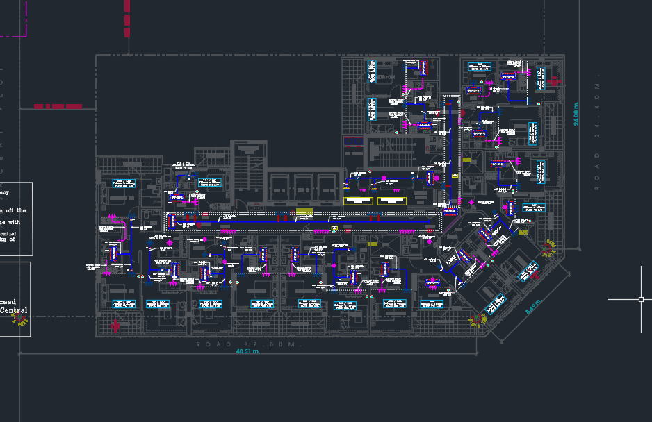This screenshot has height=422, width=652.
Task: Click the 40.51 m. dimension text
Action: click(x=248, y=352)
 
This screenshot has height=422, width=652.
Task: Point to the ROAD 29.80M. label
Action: click(x=250, y=344)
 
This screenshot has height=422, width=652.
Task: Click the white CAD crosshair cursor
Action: click(x=641, y=299)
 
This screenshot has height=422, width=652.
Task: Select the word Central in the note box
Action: click(x=14, y=311)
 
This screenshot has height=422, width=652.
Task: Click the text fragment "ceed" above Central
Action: click(x=8, y=302)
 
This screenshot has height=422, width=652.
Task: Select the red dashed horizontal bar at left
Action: click(x=58, y=106)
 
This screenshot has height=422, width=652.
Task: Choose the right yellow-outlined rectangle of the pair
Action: click(x=391, y=201)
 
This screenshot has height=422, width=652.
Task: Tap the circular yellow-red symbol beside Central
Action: click(x=21, y=319)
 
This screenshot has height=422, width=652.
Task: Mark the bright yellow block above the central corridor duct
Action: click(x=304, y=211)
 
